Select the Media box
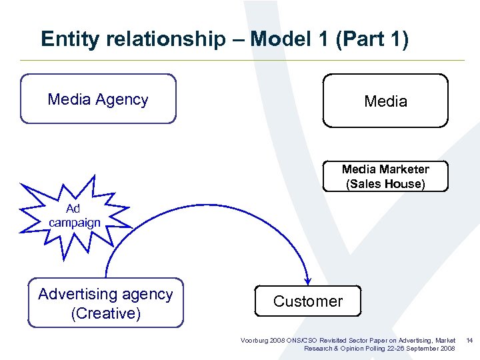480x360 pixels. tap(385, 101)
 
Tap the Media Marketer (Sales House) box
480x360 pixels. tap(385, 177)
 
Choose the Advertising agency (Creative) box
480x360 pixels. tap(105, 303)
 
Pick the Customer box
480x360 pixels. tap(307, 301)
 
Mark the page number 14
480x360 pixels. tap(469, 341)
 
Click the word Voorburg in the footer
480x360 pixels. tap(254, 341)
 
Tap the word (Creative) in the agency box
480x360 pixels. tap(105, 313)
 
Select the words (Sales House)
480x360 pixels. tap(385, 184)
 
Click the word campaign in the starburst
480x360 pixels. tap(75, 223)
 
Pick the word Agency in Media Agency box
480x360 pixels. tap(122, 99)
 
